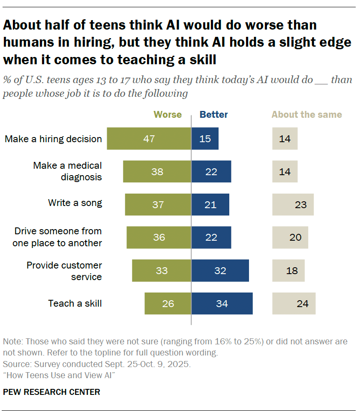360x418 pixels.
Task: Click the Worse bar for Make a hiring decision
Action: point(149,139)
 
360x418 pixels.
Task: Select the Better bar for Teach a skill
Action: point(222,304)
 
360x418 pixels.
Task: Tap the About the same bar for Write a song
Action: point(293,205)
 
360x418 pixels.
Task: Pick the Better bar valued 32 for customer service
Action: point(220,271)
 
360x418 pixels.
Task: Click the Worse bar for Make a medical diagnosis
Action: point(157,172)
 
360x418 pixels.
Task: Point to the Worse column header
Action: point(168,114)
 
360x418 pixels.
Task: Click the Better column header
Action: point(214,114)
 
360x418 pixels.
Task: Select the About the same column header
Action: point(306,114)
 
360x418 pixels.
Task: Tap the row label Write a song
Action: point(75,203)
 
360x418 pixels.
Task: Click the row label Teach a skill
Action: point(75,304)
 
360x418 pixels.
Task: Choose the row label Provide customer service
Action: point(64,271)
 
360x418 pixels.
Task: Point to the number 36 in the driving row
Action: point(159,237)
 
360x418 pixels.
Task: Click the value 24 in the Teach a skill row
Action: point(303,304)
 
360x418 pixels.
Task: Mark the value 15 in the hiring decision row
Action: point(205,139)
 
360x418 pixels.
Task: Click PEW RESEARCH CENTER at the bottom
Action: point(51,392)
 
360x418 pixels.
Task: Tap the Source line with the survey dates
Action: point(97,365)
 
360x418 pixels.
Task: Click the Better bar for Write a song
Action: point(210,205)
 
